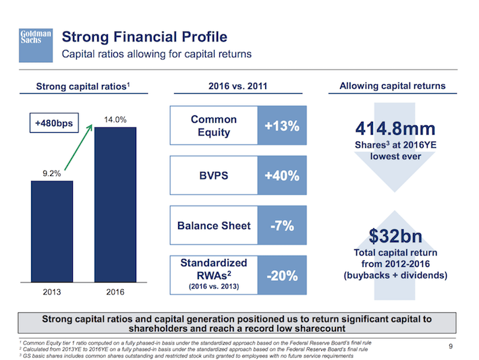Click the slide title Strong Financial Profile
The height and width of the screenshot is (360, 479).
point(144,36)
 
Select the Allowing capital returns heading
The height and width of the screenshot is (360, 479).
point(392,86)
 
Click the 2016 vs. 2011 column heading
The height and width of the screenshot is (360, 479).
point(239,86)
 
